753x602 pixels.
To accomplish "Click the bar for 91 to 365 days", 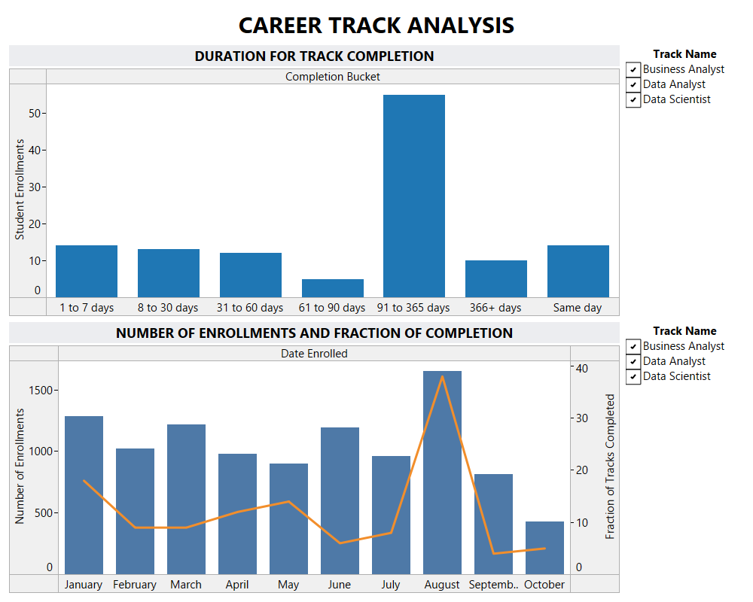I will pyautogui.click(x=413, y=196).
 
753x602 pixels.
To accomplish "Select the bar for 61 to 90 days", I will pyautogui.click(x=332, y=288).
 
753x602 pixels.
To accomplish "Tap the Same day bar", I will pyautogui.click(x=578, y=271).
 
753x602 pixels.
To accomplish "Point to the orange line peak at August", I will pyautogui.click(x=442, y=376).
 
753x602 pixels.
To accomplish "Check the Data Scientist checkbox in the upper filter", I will pyautogui.click(x=633, y=100).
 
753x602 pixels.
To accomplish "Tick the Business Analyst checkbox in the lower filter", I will pyautogui.click(x=633, y=347).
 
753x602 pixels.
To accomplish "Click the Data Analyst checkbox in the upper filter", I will pyautogui.click(x=633, y=85).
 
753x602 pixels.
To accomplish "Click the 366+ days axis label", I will pyautogui.click(x=495, y=308).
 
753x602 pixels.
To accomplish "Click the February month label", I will pyautogui.click(x=135, y=585).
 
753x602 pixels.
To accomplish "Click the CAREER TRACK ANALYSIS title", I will pyautogui.click(x=376, y=25).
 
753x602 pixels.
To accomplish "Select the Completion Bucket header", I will pyautogui.click(x=332, y=77).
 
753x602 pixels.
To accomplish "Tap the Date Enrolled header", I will pyautogui.click(x=314, y=354).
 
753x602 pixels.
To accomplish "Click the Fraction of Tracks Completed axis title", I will pyautogui.click(x=611, y=467).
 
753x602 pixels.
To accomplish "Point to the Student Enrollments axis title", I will pyautogui.click(x=20, y=190).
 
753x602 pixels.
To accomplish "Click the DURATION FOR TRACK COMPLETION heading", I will pyautogui.click(x=314, y=56).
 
